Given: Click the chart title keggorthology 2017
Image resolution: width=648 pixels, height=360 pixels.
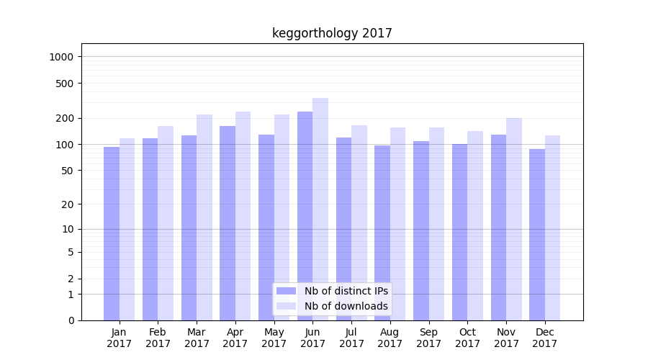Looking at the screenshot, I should [x=332, y=33].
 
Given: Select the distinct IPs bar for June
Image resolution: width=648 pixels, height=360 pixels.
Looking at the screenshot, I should [x=305, y=216].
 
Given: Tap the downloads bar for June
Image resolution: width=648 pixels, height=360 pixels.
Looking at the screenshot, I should [x=320, y=209].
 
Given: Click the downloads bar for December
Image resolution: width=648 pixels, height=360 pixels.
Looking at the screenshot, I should [x=552, y=228].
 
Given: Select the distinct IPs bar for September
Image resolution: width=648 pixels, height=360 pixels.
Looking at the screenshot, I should [x=421, y=230].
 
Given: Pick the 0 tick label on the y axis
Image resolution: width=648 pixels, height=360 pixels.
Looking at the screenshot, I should [x=71, y=320].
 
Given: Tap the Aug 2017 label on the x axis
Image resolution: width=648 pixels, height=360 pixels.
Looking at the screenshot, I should [x=390, y=338].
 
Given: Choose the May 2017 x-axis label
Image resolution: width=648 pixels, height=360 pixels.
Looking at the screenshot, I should [x=274, y=338].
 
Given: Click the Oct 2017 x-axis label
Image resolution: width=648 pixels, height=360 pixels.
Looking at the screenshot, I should [x=468, y=338].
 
